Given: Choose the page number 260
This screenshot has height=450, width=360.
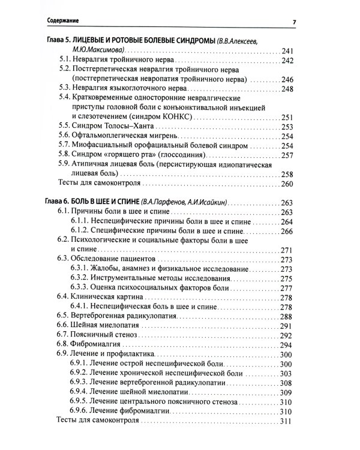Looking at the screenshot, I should point(287,184).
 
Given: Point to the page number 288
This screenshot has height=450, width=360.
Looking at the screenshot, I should point(287,316).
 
